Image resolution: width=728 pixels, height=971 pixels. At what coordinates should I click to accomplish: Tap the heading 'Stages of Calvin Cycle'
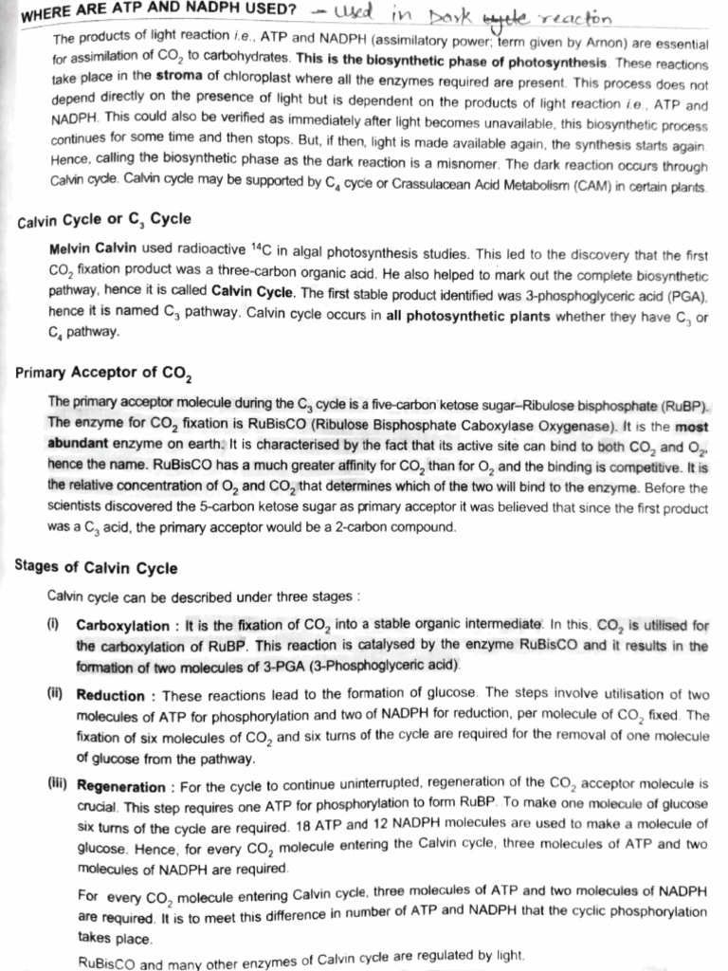[x=96, y=567]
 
